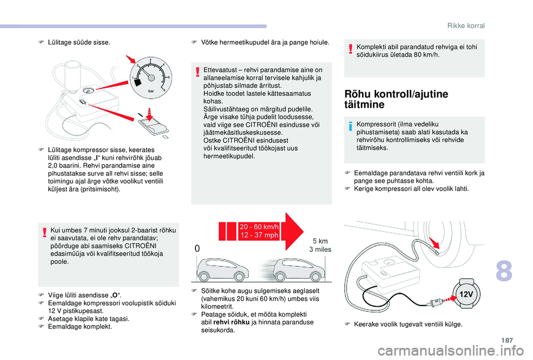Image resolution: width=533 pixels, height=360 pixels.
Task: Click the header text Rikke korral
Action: click(466, 26)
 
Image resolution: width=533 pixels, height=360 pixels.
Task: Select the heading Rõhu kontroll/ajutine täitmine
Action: click(396, 99)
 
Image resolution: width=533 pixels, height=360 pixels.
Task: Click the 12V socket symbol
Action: click(467, 292)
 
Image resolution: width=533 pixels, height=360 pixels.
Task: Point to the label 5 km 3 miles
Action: click(320, 245)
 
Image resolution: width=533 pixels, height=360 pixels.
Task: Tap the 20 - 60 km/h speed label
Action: click(259, 231)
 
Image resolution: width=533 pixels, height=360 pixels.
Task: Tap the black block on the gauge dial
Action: click(138, 83)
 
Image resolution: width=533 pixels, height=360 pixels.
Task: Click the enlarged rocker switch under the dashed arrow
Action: click(153, 127)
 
